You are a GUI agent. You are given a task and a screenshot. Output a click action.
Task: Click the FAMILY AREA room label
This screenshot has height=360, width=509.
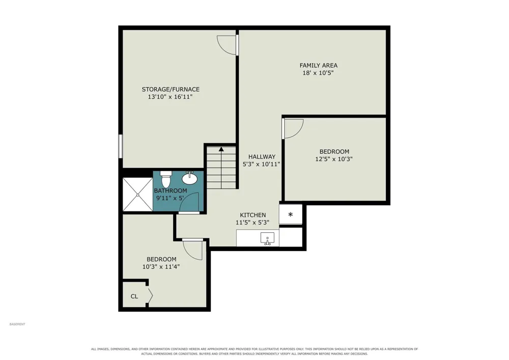[x=319, y=65]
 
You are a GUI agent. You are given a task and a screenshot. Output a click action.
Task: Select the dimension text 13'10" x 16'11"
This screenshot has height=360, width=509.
[x=170, y=97]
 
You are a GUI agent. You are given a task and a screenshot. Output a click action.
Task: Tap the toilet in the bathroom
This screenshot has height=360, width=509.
[x=165, y=179]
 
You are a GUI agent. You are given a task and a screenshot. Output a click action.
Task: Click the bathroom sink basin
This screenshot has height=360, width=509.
[x=189, y=178]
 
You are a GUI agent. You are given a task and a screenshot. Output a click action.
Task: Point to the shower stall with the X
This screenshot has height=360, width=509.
[x=137, y=195]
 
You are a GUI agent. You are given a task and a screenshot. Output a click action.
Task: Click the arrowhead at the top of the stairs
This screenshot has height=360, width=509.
[x=221, y=149]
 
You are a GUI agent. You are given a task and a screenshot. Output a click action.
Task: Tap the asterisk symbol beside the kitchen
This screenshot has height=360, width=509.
[x=291, y=214]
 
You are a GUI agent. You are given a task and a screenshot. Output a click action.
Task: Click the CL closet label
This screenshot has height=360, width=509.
[x=134, y=296]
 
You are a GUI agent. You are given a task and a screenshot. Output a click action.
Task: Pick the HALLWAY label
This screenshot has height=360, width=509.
[x=262, y=157]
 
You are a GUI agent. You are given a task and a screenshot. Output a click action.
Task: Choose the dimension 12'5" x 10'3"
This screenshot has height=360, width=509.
[x=334, y=159]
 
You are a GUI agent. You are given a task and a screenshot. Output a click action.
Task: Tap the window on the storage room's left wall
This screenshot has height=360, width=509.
[x=120, y=147]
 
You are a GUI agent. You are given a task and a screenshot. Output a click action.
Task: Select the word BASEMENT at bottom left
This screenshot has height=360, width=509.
[x=17, y=324]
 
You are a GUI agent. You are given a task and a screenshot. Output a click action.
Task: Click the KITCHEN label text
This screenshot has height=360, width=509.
[x=253, y=215]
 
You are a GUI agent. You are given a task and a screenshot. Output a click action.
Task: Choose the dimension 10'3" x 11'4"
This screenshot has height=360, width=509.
[x=161, y=267]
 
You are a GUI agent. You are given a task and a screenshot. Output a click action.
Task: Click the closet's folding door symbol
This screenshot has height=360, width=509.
[x=150, y=295]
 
